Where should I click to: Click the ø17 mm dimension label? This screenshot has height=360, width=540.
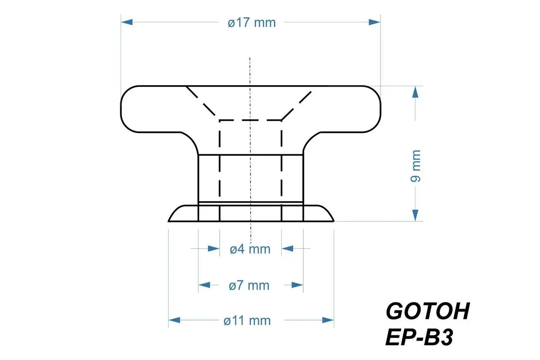tap(251, 22)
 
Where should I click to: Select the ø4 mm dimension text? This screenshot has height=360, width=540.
tap(250, 249)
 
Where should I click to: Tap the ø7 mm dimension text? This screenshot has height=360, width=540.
tap(249, 285)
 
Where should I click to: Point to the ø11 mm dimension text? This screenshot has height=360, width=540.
tap(247, 320)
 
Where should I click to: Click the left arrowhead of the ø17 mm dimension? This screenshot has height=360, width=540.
tap(127, 22)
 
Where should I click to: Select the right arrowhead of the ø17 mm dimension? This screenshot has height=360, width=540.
tap(375, 22)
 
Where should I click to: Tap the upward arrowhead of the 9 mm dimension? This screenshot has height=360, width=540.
tap(416, 92)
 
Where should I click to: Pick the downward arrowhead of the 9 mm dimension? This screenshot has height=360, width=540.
tap(416, 215)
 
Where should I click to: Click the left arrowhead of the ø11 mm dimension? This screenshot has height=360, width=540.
tap(175, 320)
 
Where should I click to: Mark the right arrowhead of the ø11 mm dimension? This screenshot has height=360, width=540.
tap(328, 320)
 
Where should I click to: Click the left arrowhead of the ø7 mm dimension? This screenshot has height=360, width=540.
tap(205, 285)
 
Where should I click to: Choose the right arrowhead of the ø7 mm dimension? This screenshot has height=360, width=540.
tap(297, 285)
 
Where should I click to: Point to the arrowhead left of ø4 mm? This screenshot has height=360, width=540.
tap(213, 249)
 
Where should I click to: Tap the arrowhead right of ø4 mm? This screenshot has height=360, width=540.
tap(287, 249)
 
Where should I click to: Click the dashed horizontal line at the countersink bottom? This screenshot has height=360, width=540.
tap(251, 120)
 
